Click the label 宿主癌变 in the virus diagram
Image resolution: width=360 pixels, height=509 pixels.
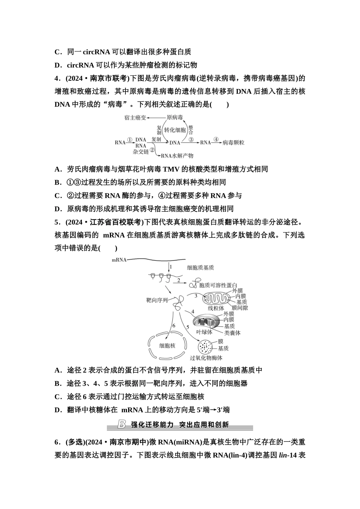click(135, 118)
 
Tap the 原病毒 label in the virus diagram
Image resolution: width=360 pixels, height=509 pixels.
click(175, 118)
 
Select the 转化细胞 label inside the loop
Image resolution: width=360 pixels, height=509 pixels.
click(175, 130)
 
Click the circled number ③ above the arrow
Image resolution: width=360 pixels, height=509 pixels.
click(191, 139)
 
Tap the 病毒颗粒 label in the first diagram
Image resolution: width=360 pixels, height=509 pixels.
click(233, 143)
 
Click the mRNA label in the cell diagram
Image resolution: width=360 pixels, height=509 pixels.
click(119, 260)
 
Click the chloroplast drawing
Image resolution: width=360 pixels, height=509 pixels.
click(207, 321)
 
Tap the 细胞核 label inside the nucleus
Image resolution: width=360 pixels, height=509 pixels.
click(167, 346)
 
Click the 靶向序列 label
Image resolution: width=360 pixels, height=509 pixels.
click(157, 300)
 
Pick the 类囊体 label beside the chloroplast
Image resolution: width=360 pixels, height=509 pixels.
click(232, 333)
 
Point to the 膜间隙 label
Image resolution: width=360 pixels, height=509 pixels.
click(240, 308)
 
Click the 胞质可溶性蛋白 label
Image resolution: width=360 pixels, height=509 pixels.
click(218, 285)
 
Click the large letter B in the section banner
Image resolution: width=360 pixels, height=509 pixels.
click(122, 424)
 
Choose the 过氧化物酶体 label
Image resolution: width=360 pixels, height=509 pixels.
click(206, 358)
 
